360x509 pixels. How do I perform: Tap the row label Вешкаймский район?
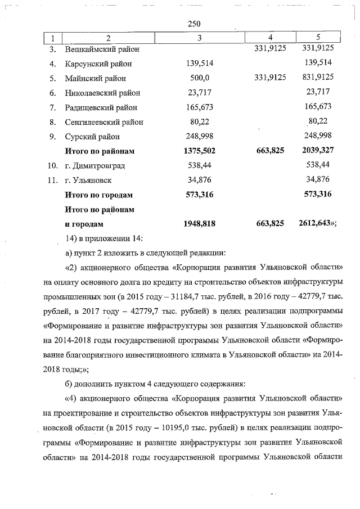coord(102,49)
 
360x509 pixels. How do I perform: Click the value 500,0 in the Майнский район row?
coord(200,78)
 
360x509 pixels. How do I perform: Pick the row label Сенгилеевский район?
coord(104,121)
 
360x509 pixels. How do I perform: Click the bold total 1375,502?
coord(200,151)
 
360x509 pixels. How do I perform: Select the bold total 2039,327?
coord(318,151)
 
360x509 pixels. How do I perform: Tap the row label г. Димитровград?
coord(94,165)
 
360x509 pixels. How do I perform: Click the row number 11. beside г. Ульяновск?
coord(52,180)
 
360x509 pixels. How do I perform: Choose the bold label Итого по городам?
coord(99,195)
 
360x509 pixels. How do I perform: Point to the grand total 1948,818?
coord(200,223)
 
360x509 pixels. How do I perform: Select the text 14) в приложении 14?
coord(102,238)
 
